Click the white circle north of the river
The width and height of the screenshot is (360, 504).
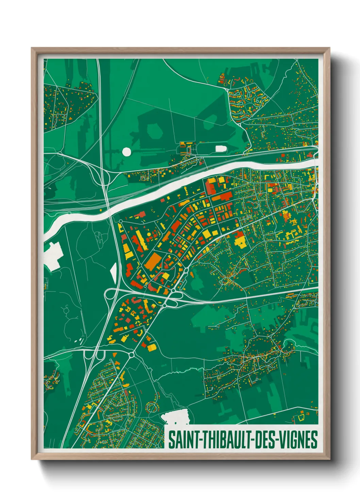(x=126, y=152)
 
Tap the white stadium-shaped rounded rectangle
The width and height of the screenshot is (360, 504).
(x=221, y=148)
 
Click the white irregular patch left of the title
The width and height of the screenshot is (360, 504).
(x=175, y=417)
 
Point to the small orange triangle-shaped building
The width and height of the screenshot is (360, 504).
(x=115, y=355)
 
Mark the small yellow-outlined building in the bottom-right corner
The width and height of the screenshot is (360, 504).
(x=301, y=416)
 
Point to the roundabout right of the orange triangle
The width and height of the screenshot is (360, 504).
(x=131, y=355)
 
